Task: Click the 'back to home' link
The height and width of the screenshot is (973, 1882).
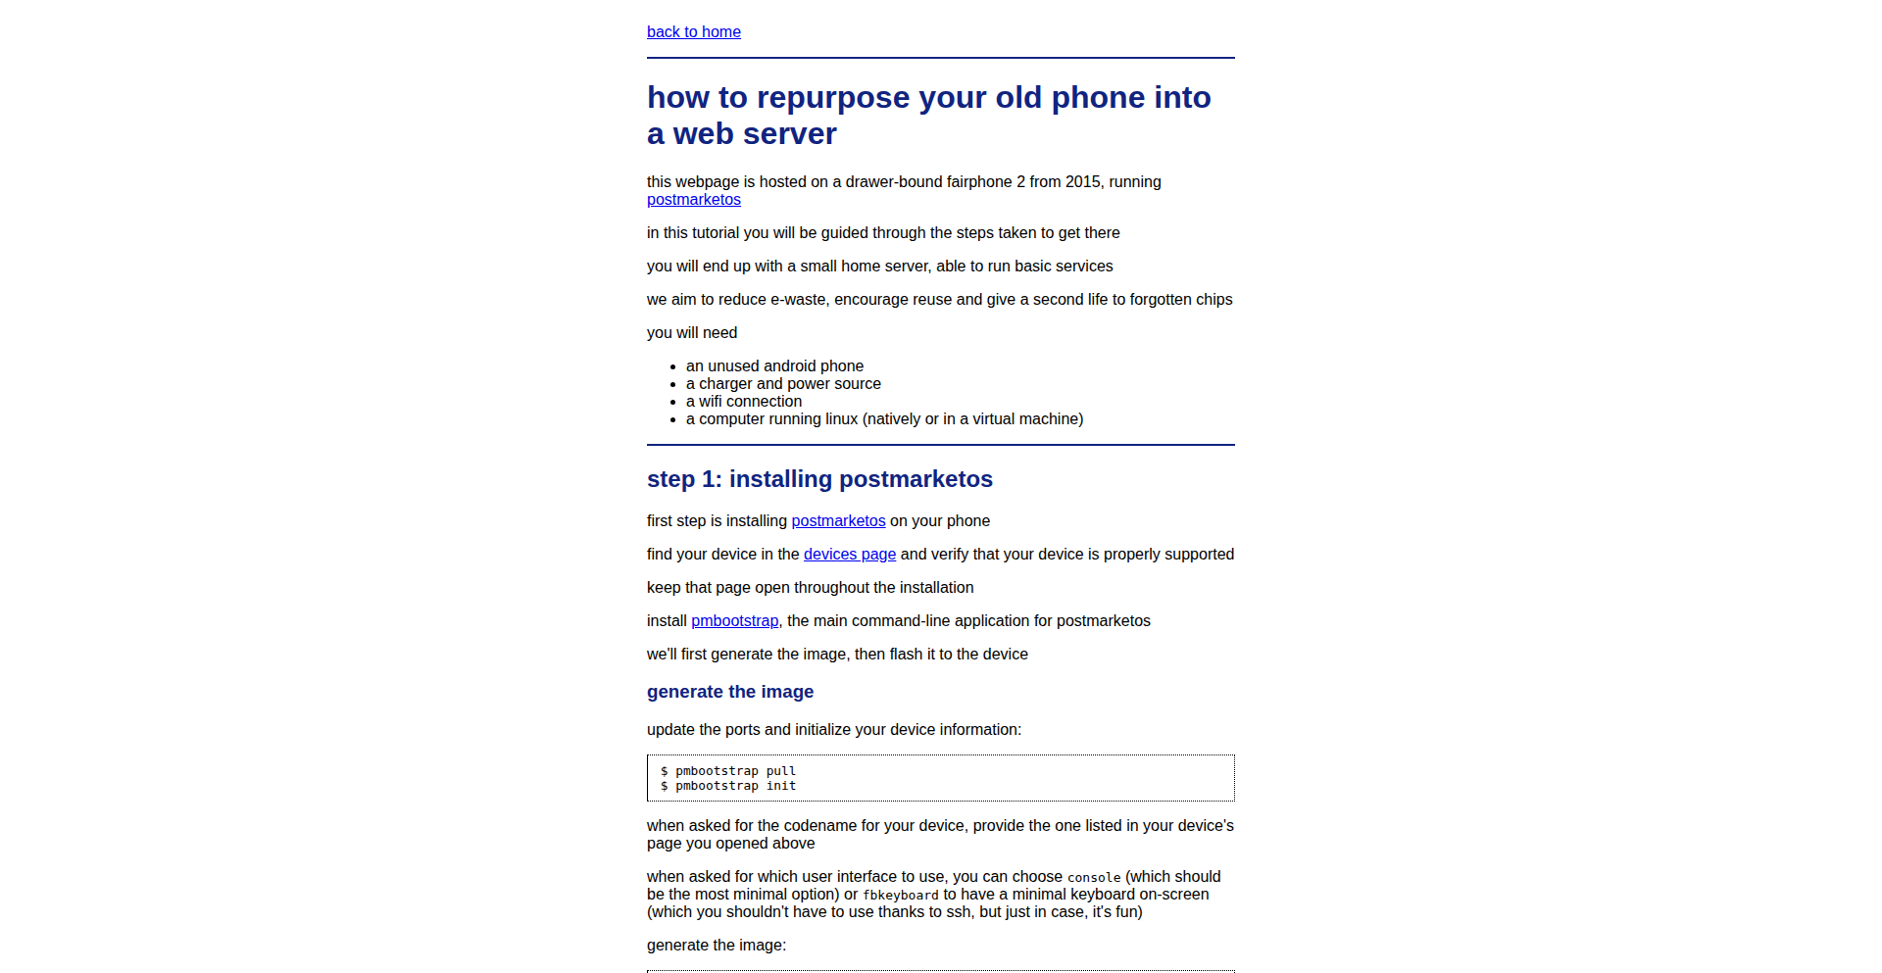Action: click(x=693, y=32)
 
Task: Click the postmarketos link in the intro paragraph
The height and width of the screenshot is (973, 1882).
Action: click(x=693, y=200)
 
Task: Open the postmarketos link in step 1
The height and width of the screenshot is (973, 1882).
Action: click(x=838, y=521)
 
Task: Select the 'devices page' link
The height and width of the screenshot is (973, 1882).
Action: click(x=849, y=555)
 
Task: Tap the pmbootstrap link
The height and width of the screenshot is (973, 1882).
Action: click(x=734, y=621)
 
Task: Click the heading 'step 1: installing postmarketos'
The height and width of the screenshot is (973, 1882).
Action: click(x=819, y=479)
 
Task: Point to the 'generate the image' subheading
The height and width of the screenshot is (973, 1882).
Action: click(x=730, y=692)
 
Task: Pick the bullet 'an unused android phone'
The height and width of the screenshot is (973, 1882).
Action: click(x=774, y=366)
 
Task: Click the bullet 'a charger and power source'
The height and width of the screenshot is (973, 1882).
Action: click(x=783, y=384)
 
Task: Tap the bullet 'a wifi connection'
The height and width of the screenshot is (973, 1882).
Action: click(x=744, y=402)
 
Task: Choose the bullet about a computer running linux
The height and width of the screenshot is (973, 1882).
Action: click(x=884, y=419)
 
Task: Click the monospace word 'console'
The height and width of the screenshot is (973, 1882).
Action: click(x=1093, y=878)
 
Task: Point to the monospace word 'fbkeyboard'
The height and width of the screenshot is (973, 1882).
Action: click(x=900, y=896)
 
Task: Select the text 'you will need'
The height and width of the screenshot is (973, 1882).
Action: click(x=692, y=333)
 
